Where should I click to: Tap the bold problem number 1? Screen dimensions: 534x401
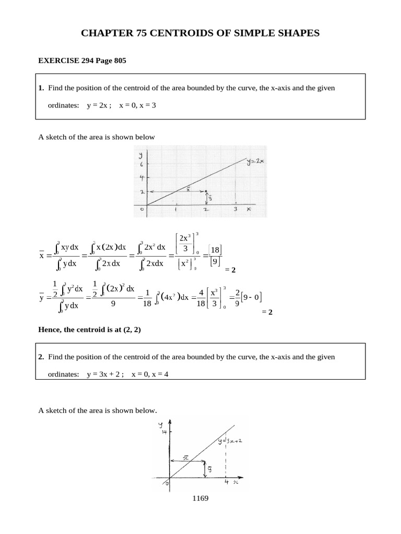(x=41, y=88)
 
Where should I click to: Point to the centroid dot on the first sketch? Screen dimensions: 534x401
(x=206, y=191)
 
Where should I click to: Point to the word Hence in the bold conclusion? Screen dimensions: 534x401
(x=50, y=330)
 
